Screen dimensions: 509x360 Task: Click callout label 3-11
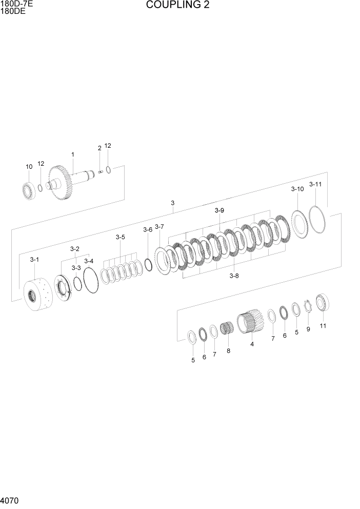[315, 184]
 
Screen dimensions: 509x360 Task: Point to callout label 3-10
[297, 189]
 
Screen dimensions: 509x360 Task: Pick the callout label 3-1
[34, 260]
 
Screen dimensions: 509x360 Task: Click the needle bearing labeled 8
[227, 328]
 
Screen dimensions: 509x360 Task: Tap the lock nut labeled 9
[308, 308]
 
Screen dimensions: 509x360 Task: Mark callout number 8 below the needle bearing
[228, 351]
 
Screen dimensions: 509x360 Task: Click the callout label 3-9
[219, 210]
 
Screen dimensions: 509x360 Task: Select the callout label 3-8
[234, 276]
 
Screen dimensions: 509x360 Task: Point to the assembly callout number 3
[173, 203]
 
